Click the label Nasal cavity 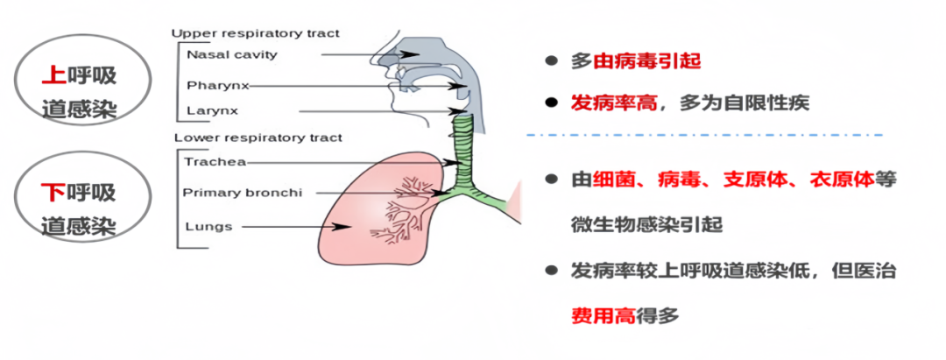pyautogui.click(x=231, y=54)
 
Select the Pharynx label pyautogui.click(x=213, y=86)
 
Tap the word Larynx pyautogui.click(x=212, y=111)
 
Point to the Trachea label pyautogui.click(x=215, y=162)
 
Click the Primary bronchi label pyautogui.click(x=236, y=193)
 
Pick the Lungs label pyautogui.click(x=208, y=226)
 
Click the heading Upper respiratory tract pyautogui.click(x=255, y=33)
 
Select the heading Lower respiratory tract pyautogui.click(x=258, y=138)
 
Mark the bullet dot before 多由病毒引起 pyautogui.click(x=550, y=61)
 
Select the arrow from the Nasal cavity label pyautogui.click(x=368, y=54)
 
